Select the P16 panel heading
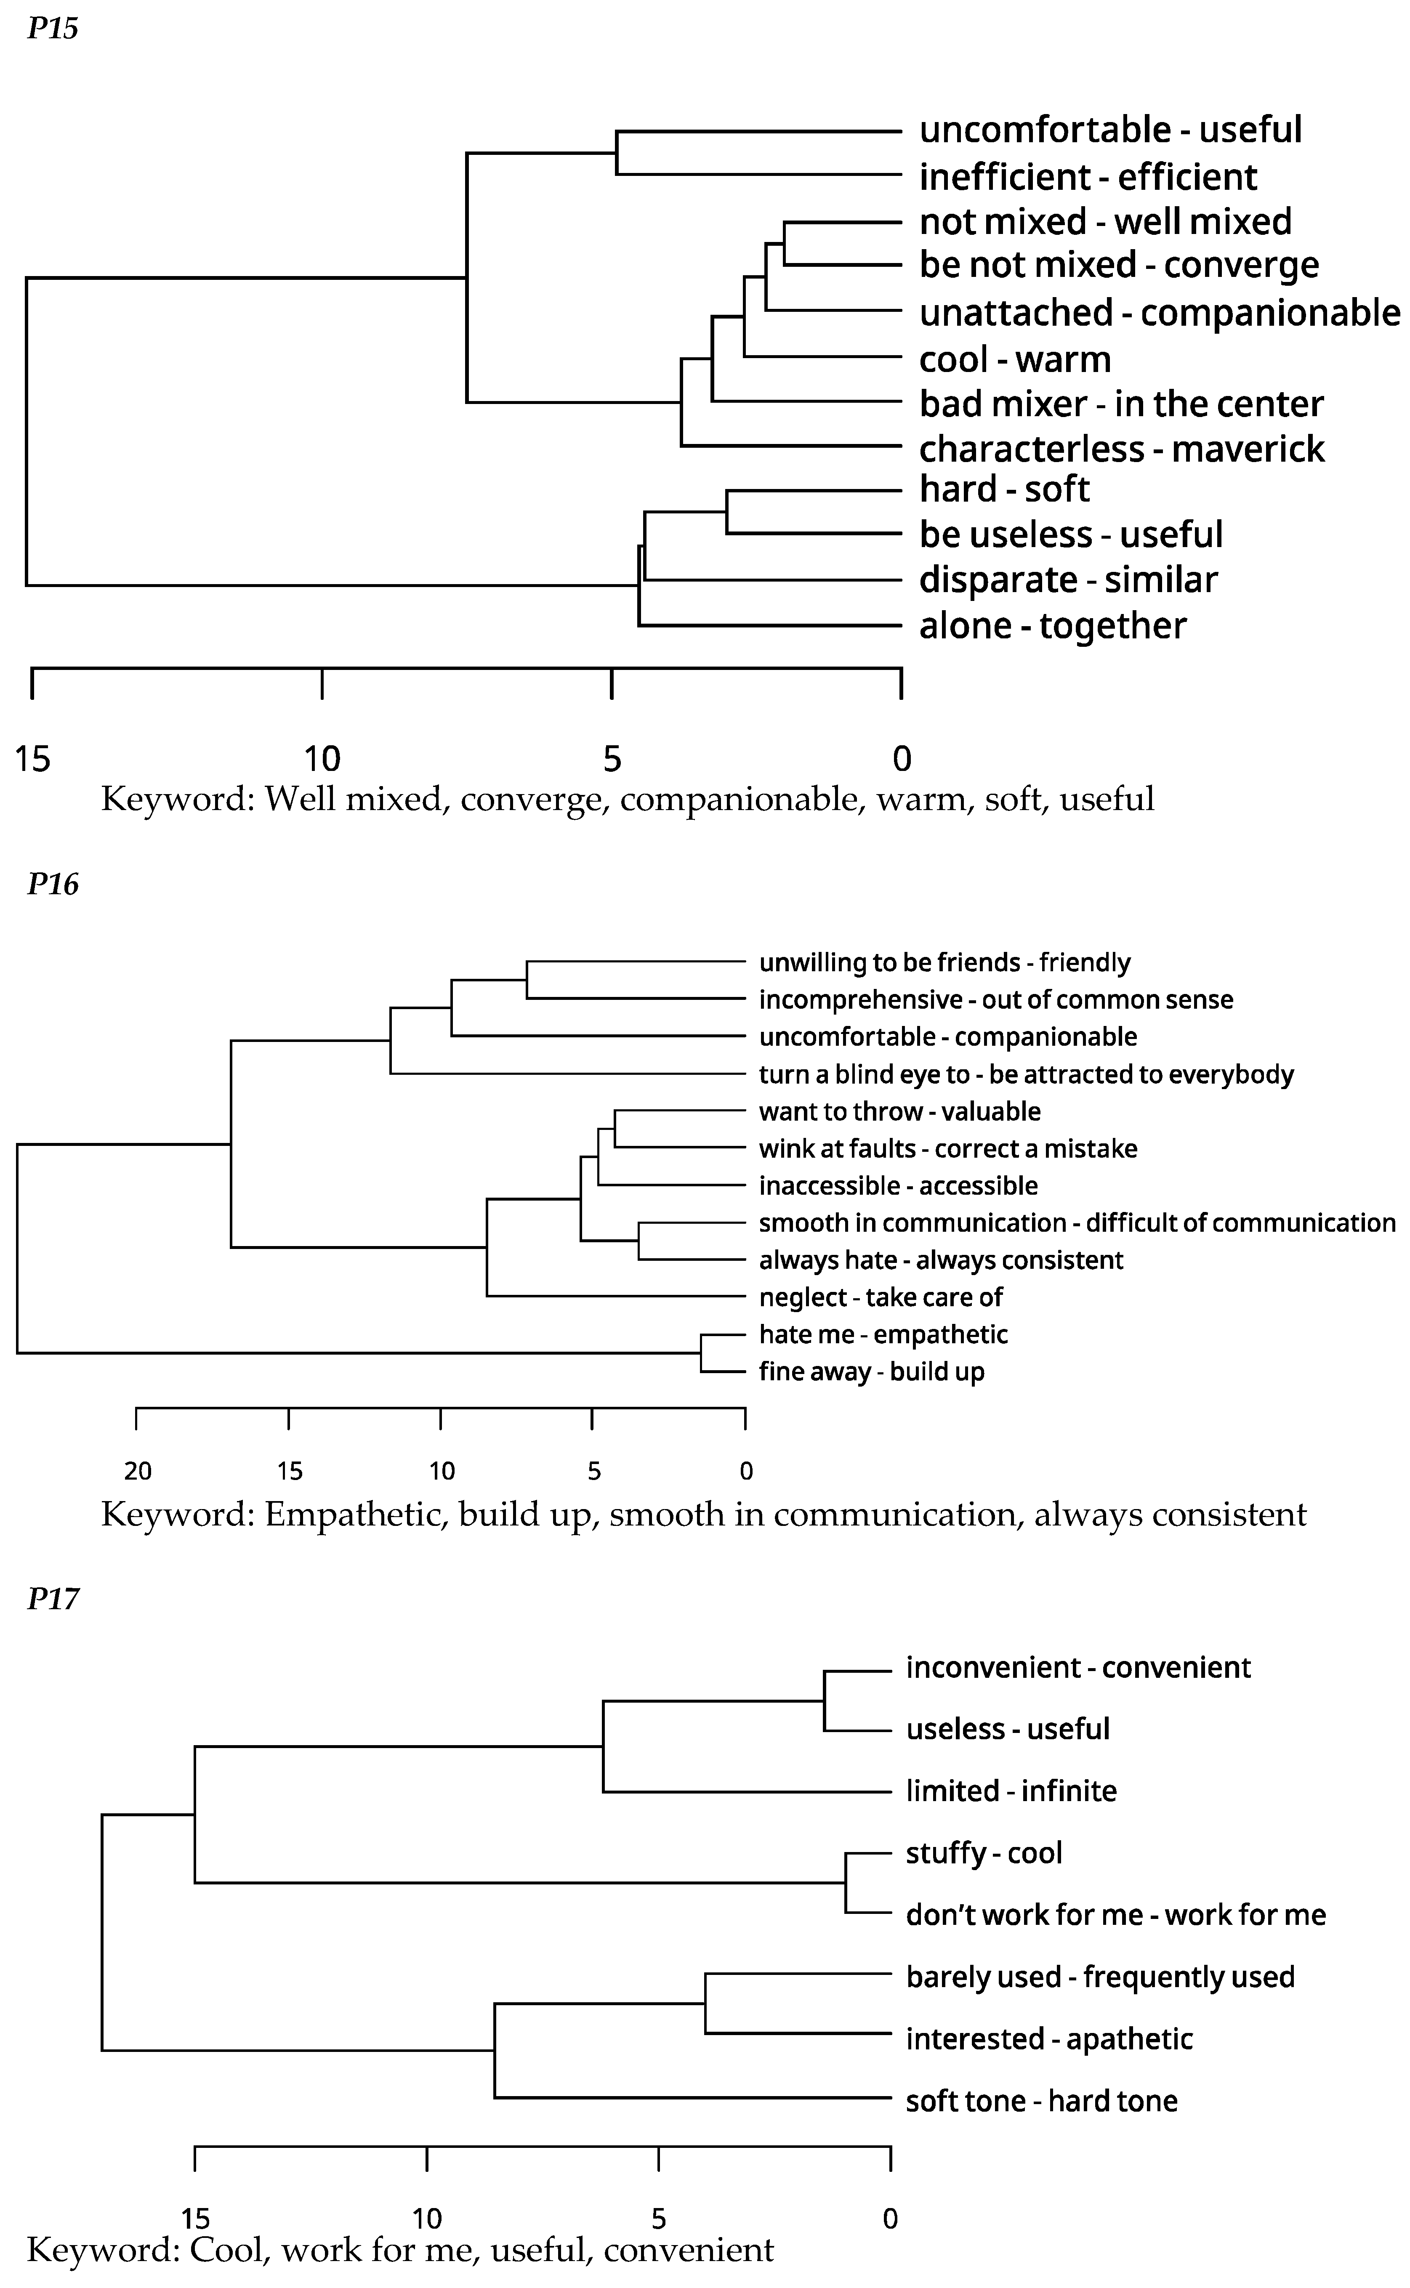[x=52, y=884]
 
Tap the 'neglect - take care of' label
[x=881, y=1297]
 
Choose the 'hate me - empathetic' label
[x=883, y=1334]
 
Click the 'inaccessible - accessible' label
[x=898, y=1186]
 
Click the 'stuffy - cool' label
[x=984, y=1852]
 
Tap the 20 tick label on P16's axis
[x=138, y=1471]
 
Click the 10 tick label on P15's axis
[x=322, y=759]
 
